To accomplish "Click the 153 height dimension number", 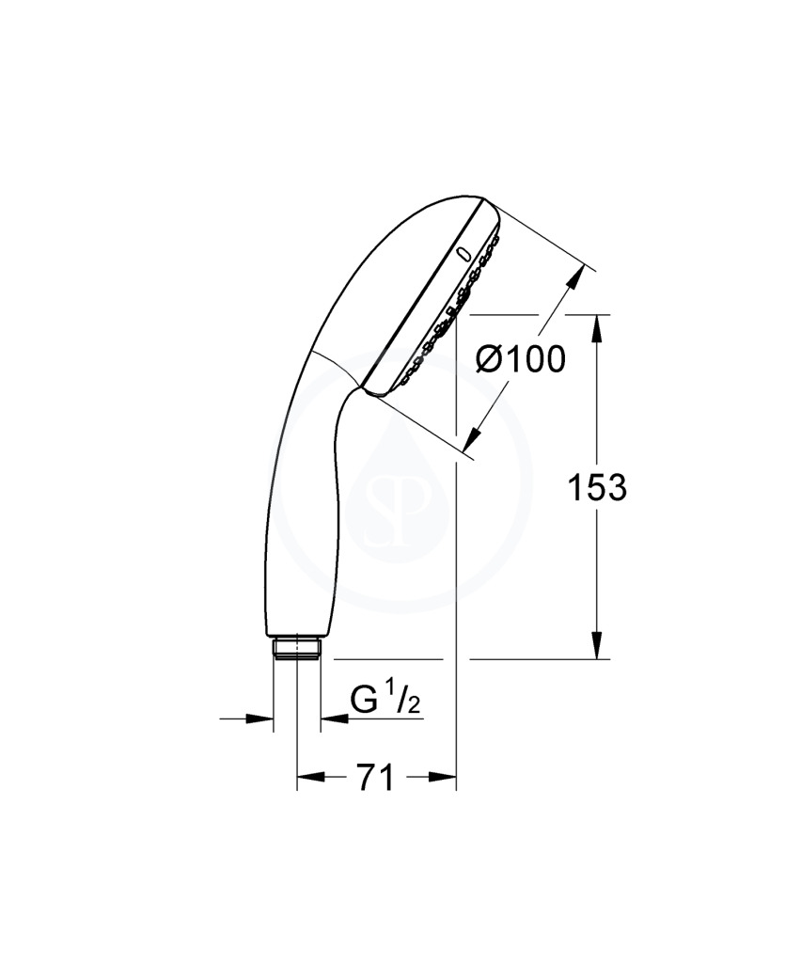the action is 597,488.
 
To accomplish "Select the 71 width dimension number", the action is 375,778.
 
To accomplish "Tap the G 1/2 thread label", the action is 385,701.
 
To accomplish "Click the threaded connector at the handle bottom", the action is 296,649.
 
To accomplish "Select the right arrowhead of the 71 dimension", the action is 443,778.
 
